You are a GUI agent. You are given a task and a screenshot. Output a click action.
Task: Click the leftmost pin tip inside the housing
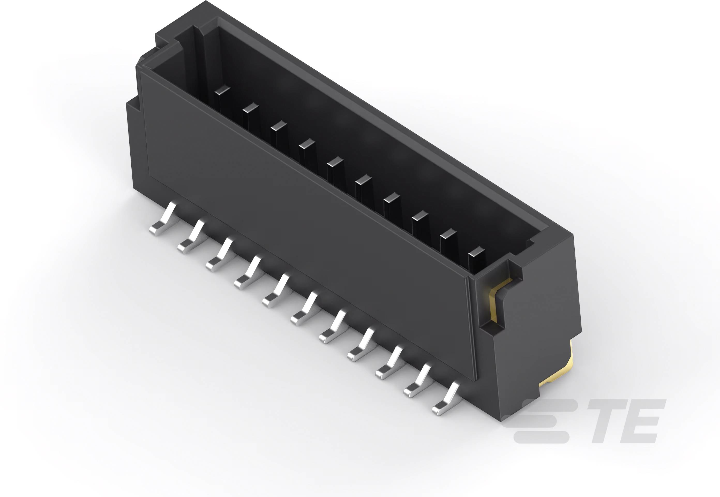coord(222,90)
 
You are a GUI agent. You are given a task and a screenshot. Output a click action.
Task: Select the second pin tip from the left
coord(251,108)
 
